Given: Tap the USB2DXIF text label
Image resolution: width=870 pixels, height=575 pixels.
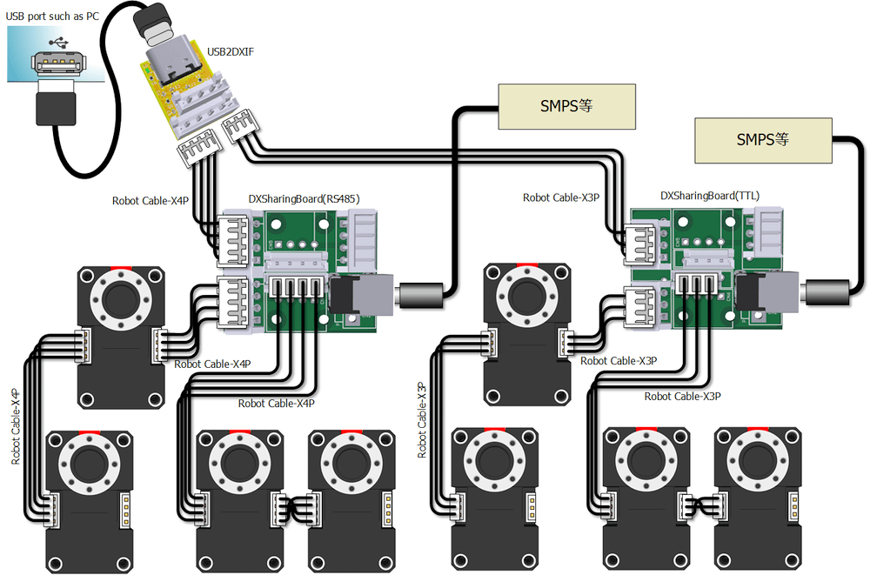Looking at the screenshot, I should click(x=231, y=51).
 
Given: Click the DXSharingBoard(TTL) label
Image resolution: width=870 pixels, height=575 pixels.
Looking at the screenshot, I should click(x=709, y=197).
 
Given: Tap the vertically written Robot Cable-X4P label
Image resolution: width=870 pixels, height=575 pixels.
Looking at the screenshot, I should click(x=16, y=426).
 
